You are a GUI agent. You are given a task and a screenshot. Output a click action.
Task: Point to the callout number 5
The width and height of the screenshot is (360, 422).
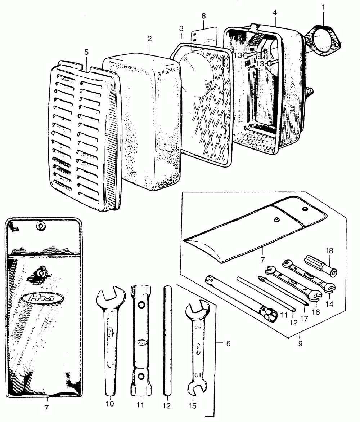pyautogui.click(x=86, y=52)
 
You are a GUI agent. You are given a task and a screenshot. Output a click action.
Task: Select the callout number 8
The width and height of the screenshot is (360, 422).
pyautogui.click(x=204, y=16)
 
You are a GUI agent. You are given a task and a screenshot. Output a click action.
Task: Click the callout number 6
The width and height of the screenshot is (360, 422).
pyautogui.click(x=228, y=343)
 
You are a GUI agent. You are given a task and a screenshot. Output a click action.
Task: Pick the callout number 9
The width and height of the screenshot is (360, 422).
pyautogui.click(x=300, y=343)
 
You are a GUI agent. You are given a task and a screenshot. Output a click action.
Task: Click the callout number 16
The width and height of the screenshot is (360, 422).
pyautogui.click(x=315, y=311)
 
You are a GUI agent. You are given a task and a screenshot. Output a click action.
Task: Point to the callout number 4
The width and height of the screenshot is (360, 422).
pyautogui.click(x=275, y=13)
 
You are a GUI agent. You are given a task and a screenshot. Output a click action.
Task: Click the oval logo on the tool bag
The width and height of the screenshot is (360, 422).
pyautogui.click(x=42, y=298)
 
